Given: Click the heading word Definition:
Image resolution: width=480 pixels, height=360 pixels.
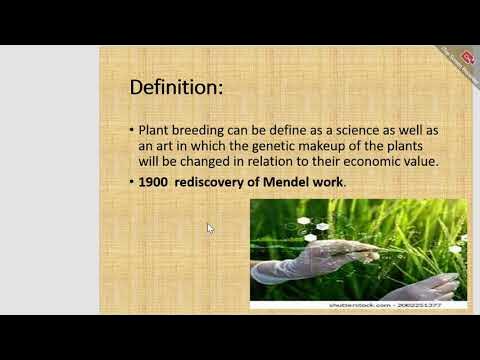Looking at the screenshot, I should tap(176, 87).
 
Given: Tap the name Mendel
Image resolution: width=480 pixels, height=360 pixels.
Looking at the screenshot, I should tap(293, 183).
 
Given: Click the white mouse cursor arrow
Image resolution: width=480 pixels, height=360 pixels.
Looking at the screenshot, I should tap(210, 228).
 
